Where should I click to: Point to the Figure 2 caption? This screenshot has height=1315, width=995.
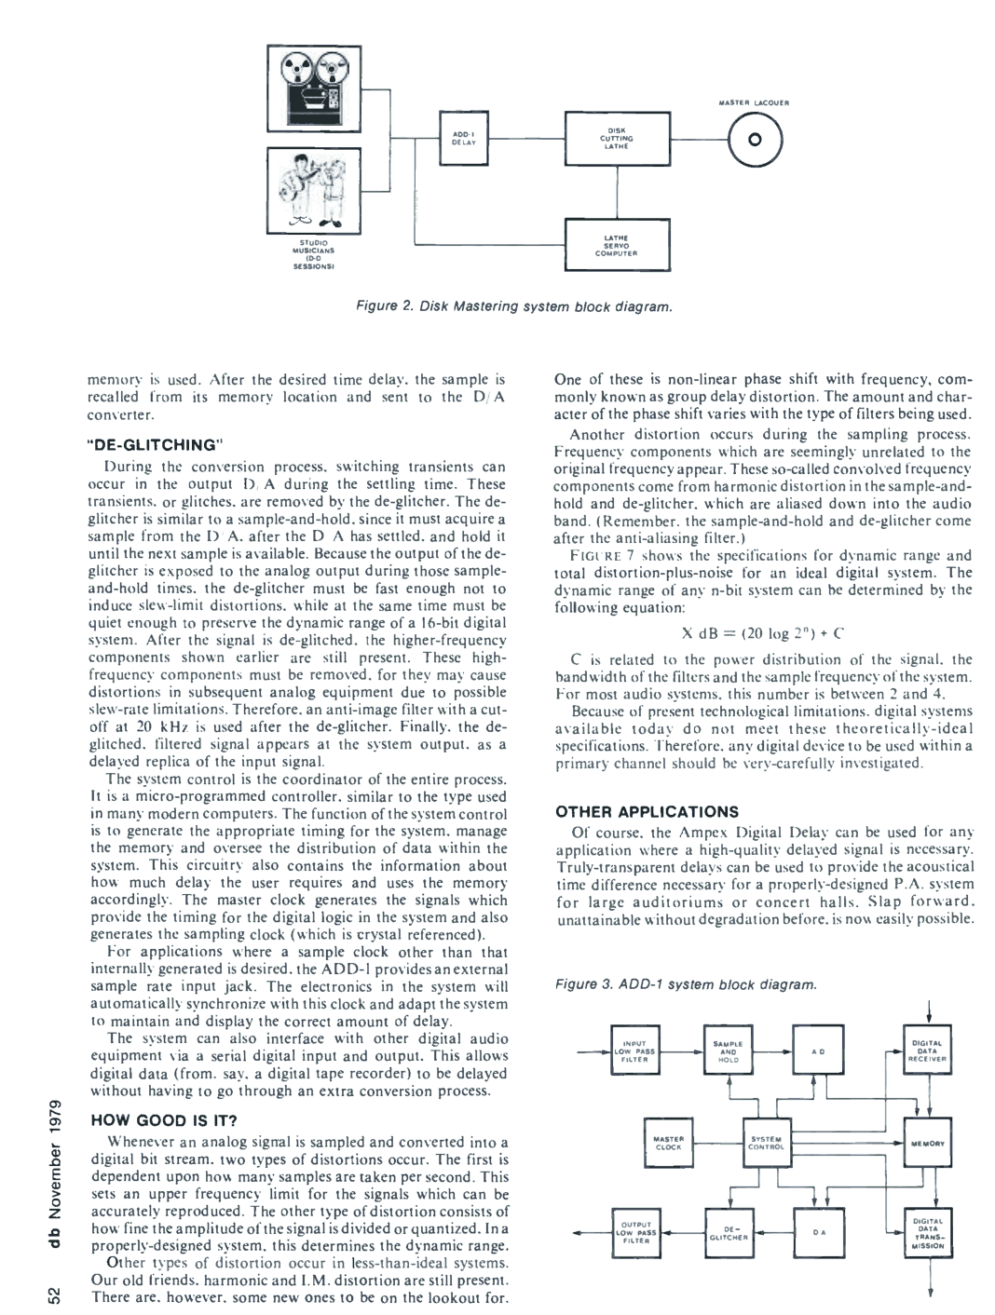(508, 305)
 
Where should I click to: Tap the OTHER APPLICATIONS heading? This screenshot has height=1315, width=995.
(646, 811)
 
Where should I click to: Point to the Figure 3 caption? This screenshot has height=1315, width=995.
(683, 984)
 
